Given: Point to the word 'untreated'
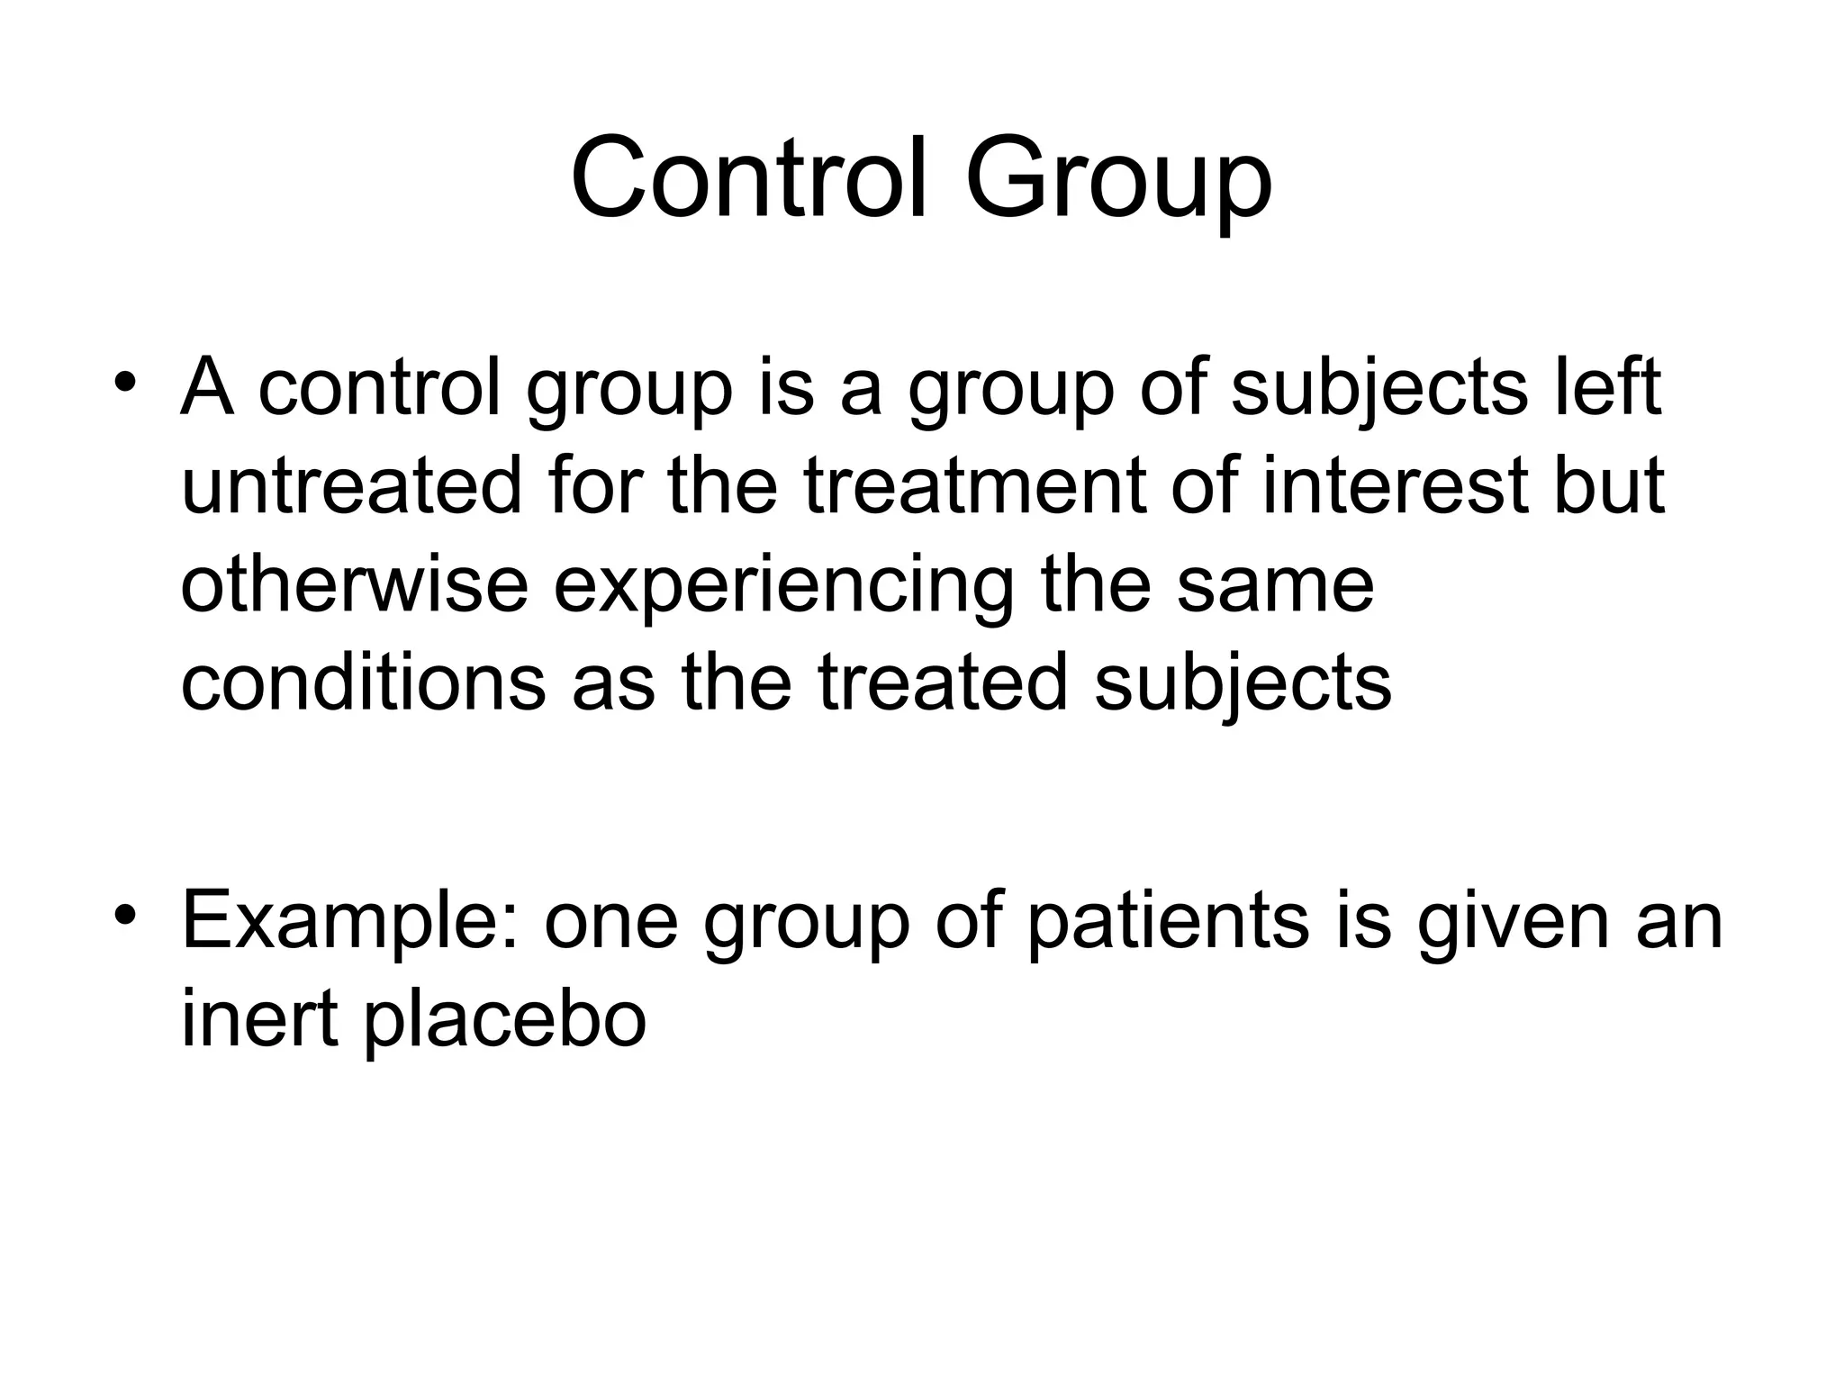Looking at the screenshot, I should pos(351,486).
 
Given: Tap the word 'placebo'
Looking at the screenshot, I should pos(505,1026).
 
